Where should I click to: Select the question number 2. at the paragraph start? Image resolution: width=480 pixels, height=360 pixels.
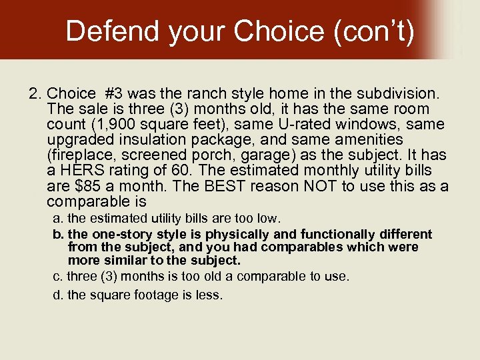coord(36,93)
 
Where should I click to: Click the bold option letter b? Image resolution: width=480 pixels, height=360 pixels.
coord(58,235)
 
